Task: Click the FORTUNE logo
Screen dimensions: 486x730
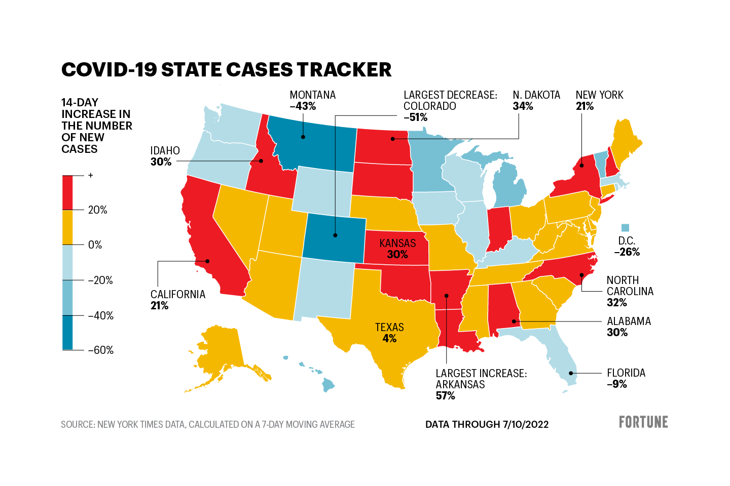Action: click(643, 422)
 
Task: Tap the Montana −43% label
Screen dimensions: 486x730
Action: click(312, 101)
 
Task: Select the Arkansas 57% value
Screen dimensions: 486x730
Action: click(445, 396)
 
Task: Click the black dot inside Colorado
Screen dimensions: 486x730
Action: click(335, 235)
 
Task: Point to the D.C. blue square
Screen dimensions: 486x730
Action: click(625, 228)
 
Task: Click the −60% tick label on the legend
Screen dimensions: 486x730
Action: click(100, 350)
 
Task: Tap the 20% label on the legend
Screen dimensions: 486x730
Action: click(97, 210)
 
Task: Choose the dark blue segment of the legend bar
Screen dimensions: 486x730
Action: click(67, 332)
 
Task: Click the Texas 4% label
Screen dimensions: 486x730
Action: click(389, 333)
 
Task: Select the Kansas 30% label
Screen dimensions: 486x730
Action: click(397, 249)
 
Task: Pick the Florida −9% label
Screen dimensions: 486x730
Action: click(626, 379)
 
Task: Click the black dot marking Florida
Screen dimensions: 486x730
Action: click(571, 374)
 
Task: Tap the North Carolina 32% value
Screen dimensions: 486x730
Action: click(616, 303)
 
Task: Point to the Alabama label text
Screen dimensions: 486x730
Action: click(629, 321)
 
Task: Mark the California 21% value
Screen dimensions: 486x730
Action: click(159, 306)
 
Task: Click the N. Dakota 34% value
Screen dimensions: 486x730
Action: click(523, 106)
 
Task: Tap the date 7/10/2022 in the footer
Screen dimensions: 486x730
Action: click(526, 424)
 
